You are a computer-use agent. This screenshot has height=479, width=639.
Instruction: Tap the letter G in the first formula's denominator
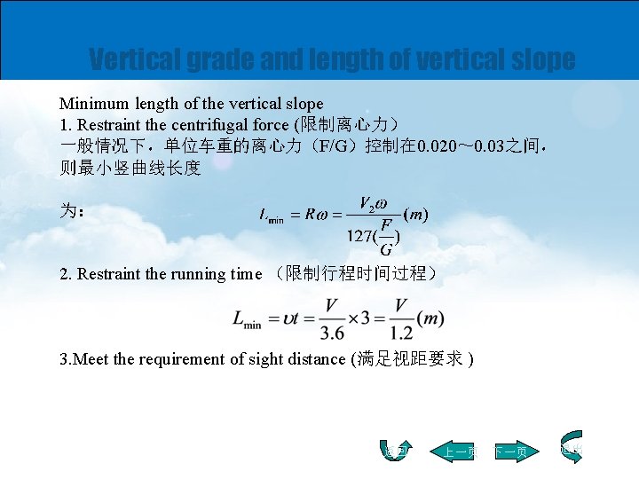386,250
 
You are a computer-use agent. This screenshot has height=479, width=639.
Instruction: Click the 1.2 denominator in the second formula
401,333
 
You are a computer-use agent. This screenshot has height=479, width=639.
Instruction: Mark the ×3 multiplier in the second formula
367,318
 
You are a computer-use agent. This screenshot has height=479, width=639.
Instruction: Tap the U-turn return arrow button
398,452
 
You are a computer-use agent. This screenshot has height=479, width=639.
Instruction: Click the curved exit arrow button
571,447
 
